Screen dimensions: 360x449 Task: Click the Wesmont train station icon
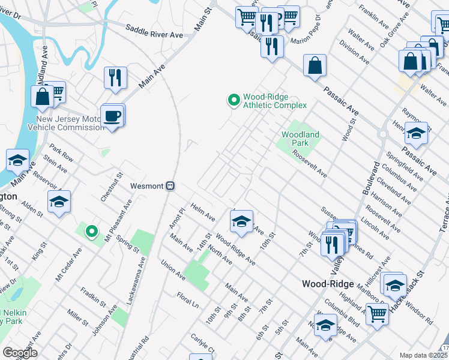170,186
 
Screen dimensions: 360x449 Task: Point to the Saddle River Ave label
154,31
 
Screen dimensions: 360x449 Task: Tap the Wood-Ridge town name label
325,284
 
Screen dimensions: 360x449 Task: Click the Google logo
20,352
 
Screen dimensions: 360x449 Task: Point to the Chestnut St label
111,186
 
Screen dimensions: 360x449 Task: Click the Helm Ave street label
202,211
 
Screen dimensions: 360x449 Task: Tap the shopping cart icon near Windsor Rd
377,313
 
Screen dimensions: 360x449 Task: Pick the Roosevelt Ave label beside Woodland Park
310,164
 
